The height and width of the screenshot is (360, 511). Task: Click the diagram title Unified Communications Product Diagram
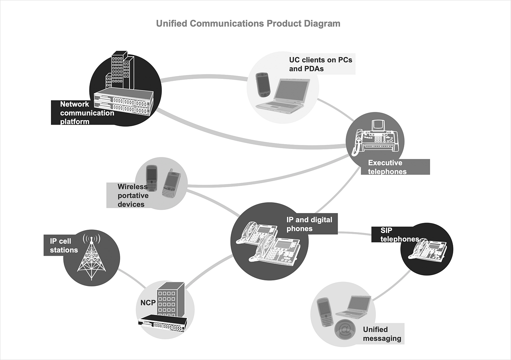(248, 23)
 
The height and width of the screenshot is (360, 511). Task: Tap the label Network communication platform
(86, 113)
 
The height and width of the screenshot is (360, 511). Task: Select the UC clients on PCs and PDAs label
(320, 64)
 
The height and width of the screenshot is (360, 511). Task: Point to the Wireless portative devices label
(133, 196)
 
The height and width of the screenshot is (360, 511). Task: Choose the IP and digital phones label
(309, 224)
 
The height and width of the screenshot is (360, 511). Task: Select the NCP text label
(148, 303)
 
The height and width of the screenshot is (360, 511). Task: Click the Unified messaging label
(382, 334)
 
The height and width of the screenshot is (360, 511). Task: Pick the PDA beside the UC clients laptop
(262, 85)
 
